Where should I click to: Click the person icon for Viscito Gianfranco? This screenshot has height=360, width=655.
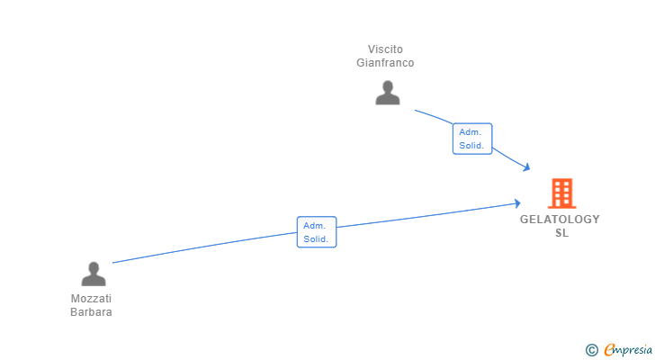coord(388,93)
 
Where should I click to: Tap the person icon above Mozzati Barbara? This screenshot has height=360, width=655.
coord(94,274)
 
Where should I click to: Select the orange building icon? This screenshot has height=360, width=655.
coord(561,193)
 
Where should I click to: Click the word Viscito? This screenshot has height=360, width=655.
coord(385,49)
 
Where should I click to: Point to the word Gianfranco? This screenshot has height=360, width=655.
coord(385,63)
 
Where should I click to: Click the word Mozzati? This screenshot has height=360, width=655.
coord(91,299)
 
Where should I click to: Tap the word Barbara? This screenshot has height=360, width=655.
coord(91,312)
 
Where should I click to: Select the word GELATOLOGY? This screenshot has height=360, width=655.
coord(560,220)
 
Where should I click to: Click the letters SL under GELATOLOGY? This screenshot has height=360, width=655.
coord(561,233)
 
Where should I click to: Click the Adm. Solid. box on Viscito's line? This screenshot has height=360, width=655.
coord(472,139)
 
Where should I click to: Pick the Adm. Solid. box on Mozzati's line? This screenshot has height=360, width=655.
coord(317,232)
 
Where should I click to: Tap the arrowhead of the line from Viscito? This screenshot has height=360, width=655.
coord(527,168)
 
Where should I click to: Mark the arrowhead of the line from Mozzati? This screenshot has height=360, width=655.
coord(518,203)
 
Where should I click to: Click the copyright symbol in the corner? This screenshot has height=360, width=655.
coord(591,350)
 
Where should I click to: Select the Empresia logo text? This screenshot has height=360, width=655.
coord(628,350)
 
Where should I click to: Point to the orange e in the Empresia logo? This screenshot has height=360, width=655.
coord(609,349)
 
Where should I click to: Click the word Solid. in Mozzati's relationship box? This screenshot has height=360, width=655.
coord(316,238)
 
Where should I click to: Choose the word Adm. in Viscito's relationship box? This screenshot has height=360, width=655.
coord(471,132)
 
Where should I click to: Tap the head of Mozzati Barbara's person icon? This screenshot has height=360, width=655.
coord(94,268)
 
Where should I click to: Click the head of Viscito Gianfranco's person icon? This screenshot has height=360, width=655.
coord(388,87)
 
